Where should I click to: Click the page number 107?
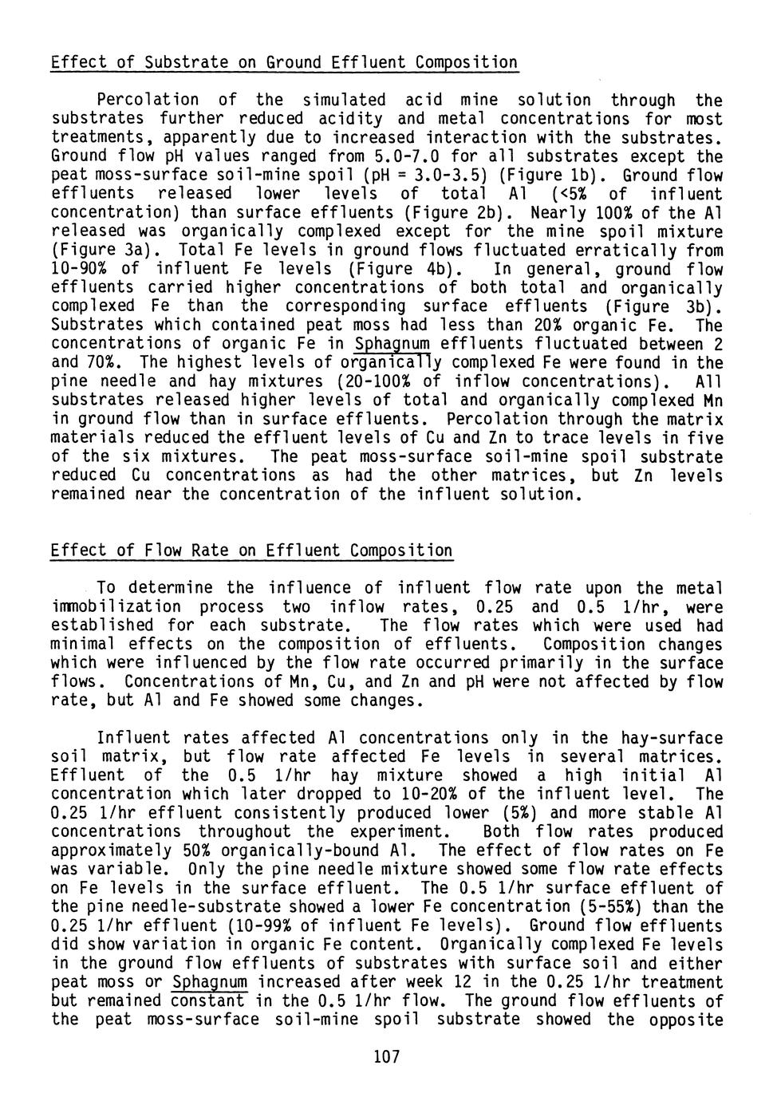tap(386, 1058)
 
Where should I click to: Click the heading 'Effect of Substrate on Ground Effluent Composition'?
tap(284, 62)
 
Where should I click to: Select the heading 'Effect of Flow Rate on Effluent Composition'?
tap(251, 551)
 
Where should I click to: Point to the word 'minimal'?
tap(82, 645)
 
